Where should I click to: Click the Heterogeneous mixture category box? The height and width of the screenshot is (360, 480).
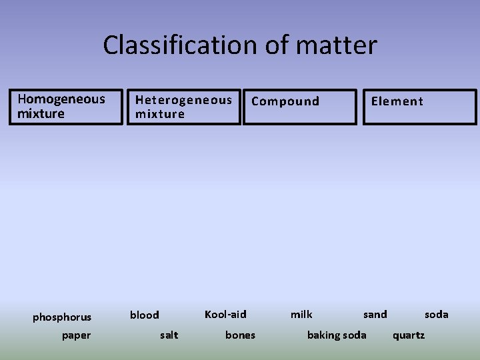point(184,107)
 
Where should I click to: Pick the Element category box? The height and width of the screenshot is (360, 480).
point(419,107)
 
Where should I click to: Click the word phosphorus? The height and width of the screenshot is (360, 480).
point(62,317)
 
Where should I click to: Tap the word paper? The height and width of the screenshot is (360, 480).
point(76,335)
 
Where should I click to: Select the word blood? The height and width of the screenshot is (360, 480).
point(144,315)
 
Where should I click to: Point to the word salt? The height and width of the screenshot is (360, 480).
point(169,335)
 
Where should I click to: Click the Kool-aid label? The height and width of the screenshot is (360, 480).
point(225,314)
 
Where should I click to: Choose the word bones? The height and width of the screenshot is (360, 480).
point(240,335)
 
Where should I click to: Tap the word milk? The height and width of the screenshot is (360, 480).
point(301,314)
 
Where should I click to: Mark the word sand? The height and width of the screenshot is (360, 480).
point(375,314)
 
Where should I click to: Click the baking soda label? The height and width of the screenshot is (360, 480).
point(336,335)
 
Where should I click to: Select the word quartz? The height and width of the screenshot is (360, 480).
point(408,335)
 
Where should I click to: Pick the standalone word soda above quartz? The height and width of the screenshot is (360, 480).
point(437,314)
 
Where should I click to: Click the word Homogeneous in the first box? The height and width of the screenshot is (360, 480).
point(61,99)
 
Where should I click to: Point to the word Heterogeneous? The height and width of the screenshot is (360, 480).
point(184,100)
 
